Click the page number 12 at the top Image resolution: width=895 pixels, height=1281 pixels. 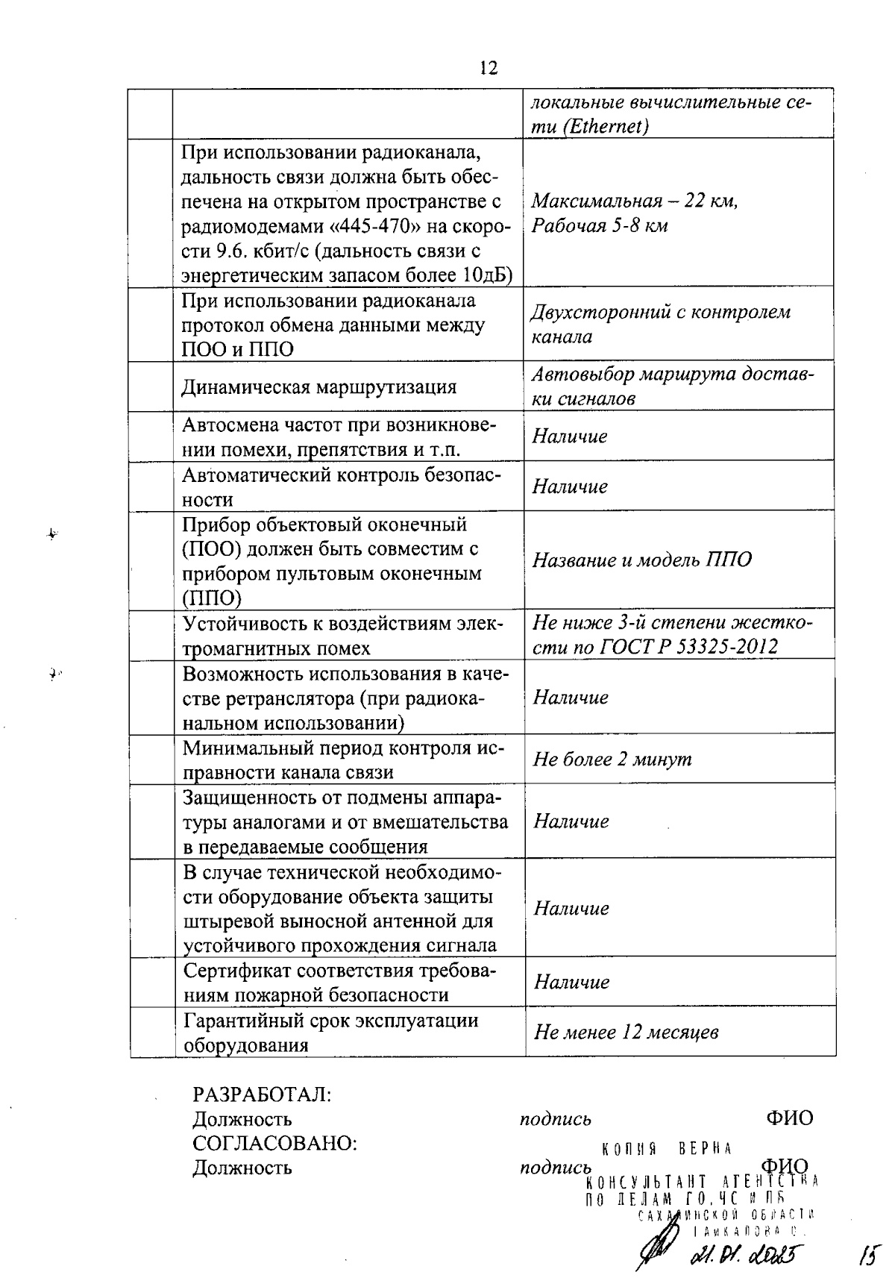[x=488, y=69]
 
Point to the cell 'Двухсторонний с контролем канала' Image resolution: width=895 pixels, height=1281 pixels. [x=660, y=324]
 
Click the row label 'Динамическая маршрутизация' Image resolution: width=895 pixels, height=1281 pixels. [x=319, y=387]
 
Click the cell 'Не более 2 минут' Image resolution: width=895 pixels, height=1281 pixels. [x=612, y=759]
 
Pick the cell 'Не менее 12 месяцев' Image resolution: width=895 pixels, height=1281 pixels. [x=626, y=1033]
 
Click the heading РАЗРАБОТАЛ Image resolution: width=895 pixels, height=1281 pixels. [x=262, y=1094]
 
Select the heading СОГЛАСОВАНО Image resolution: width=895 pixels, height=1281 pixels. [x=274, y=1143]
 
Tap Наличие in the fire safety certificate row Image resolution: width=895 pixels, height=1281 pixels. [x=572, y=983]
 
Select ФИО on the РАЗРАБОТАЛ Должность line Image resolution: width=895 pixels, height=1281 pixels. [x=788, y=1118]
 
